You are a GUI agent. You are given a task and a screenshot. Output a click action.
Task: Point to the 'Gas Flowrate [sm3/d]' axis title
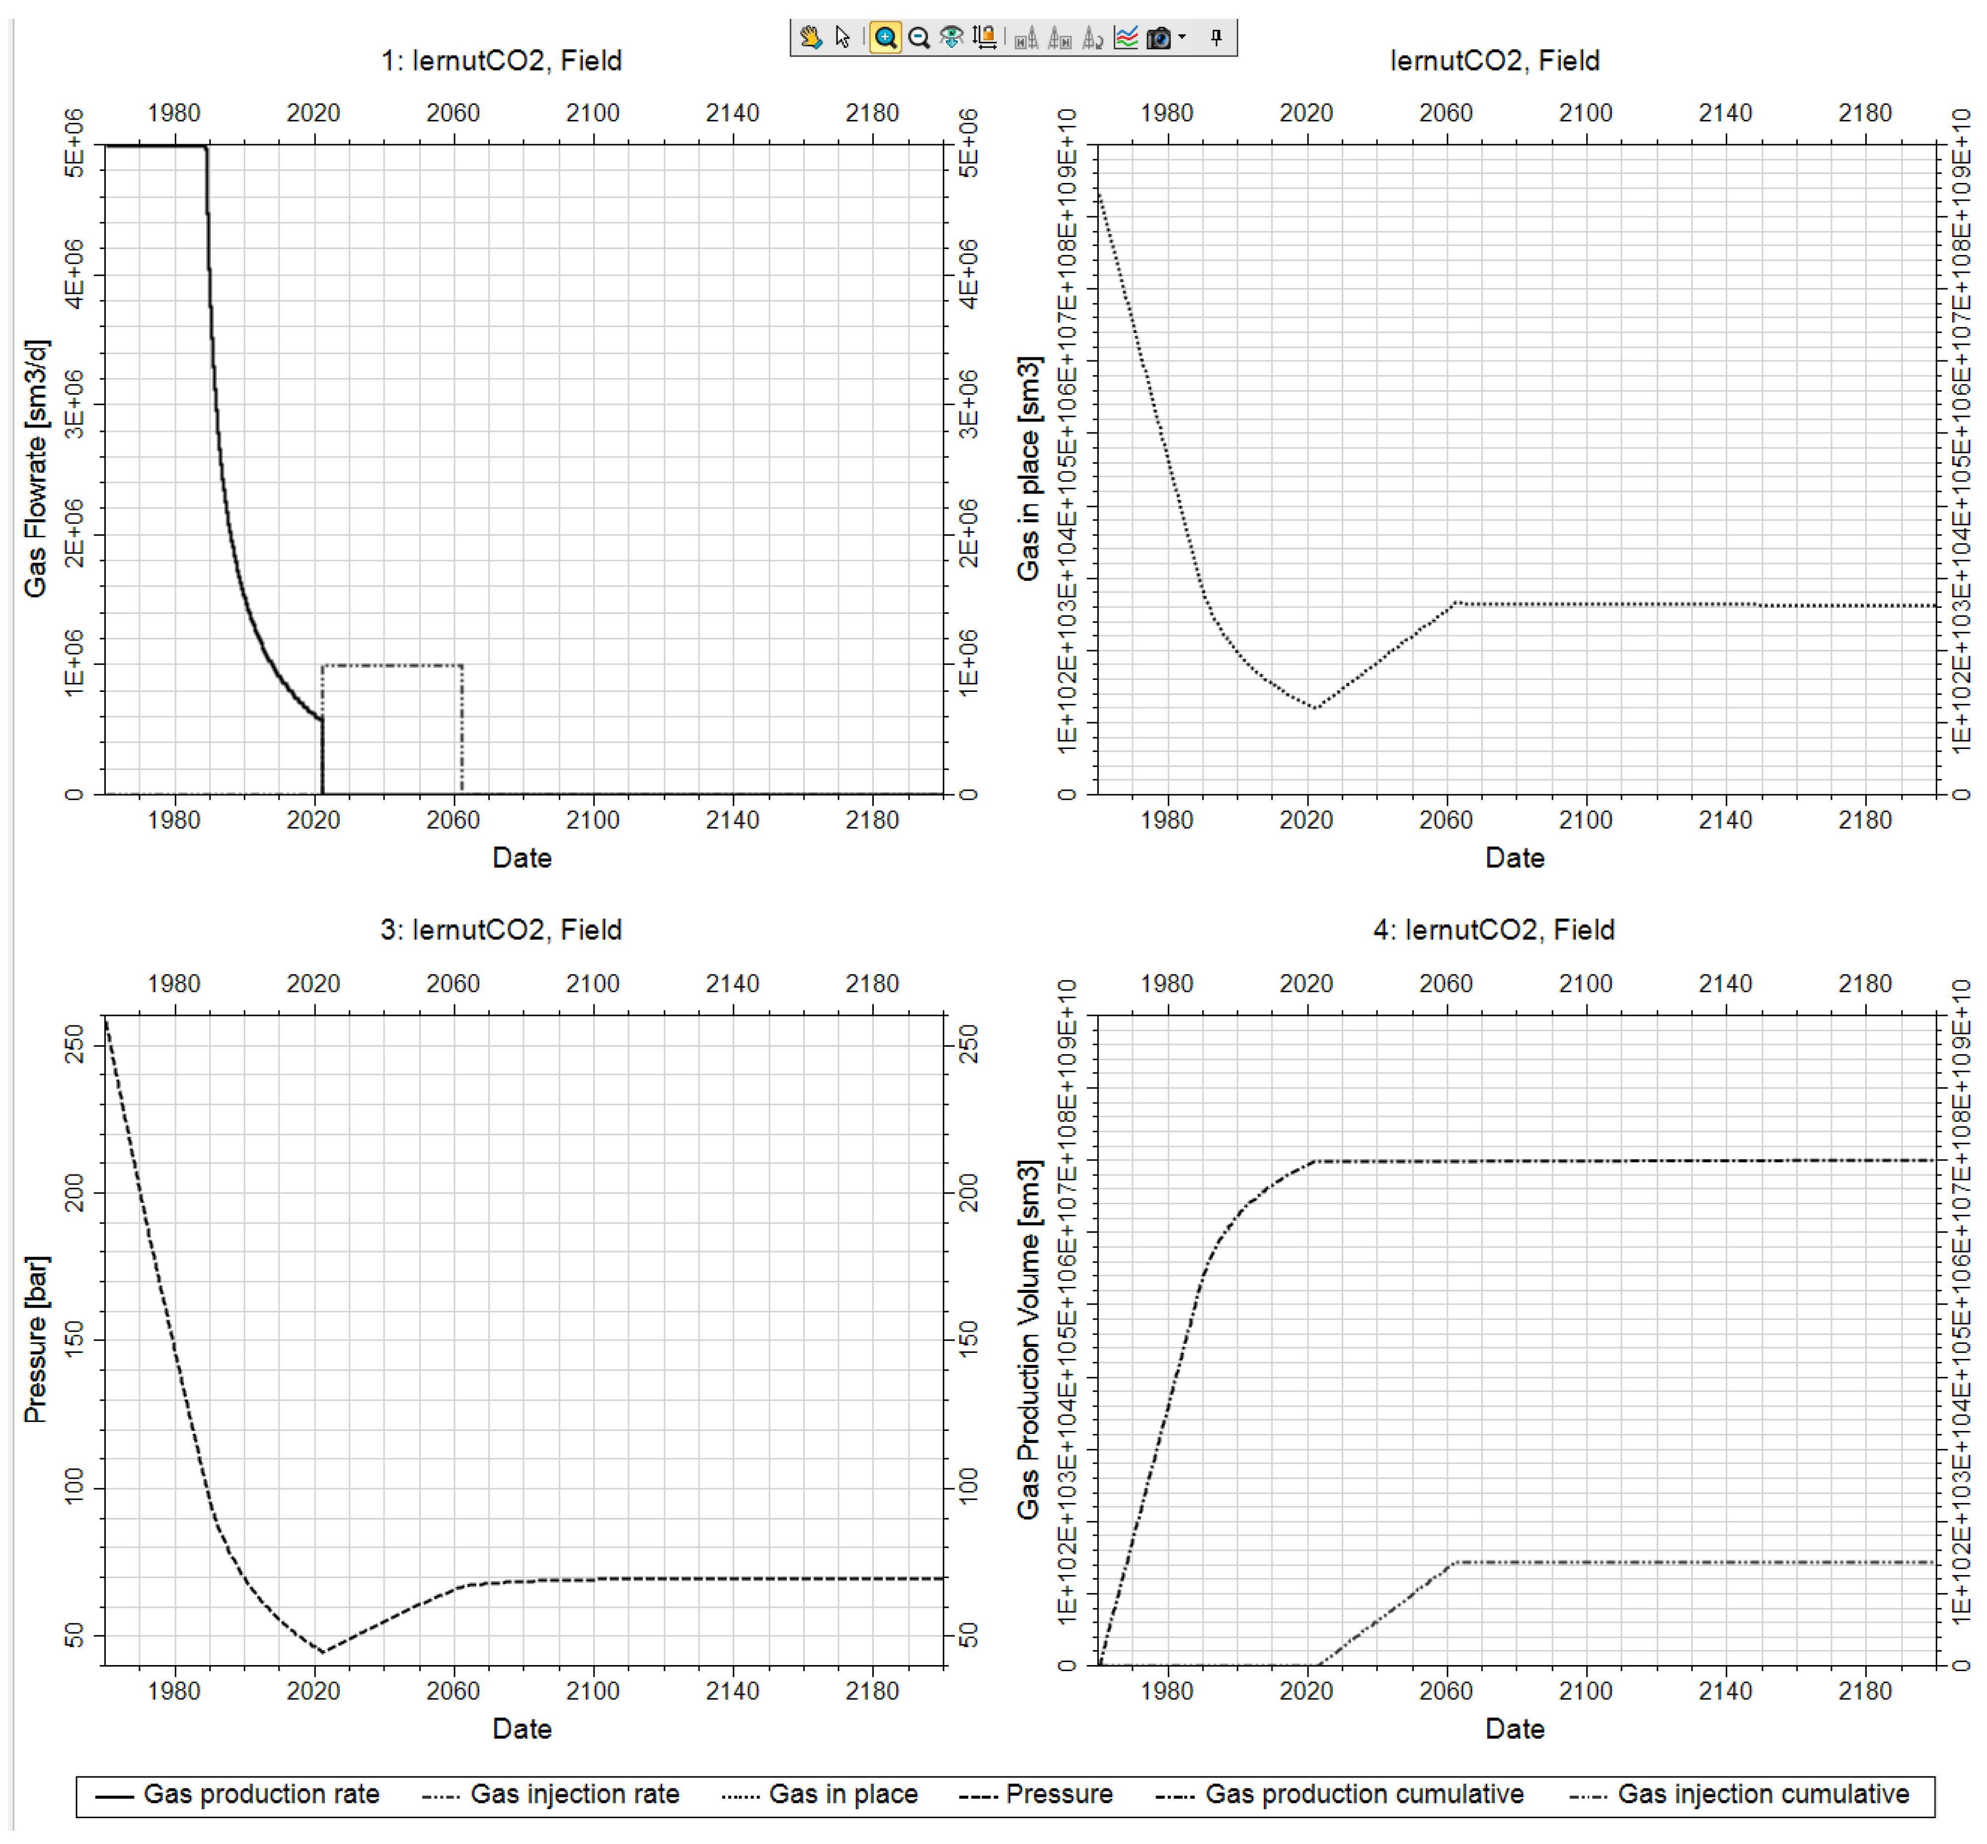tap(36, 469)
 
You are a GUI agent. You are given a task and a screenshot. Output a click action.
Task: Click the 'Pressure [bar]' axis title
tap(36, 1339)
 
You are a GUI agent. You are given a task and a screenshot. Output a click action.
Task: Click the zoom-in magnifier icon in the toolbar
tap(885, 38)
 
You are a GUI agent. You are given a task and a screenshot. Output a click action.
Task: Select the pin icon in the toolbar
tap(1216, 38)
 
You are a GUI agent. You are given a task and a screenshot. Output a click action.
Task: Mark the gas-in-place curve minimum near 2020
tap(1316, 707)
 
